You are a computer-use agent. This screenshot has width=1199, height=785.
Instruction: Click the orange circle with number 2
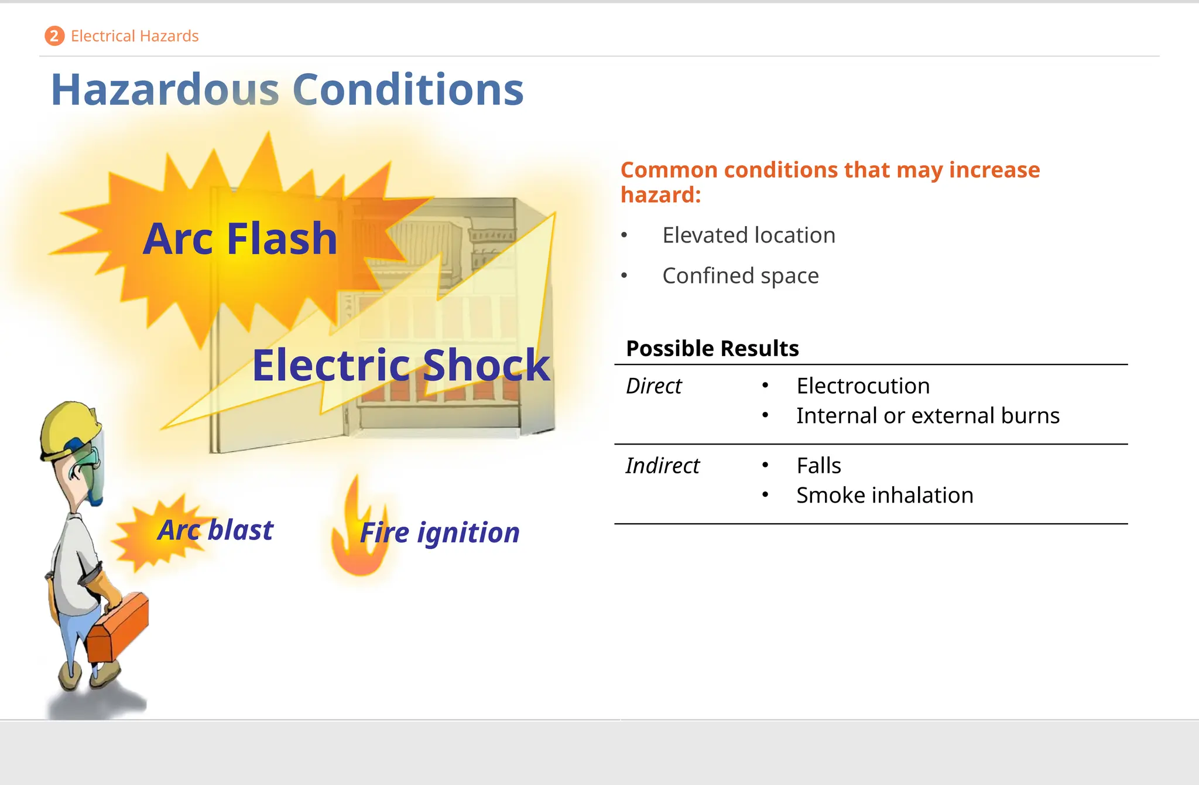54,36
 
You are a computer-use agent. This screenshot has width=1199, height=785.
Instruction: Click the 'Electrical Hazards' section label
135,36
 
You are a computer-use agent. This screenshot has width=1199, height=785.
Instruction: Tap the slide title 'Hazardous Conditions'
287,90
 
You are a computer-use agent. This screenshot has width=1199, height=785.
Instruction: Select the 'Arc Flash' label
240,239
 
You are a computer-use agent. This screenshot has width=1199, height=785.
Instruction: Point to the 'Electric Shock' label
401,365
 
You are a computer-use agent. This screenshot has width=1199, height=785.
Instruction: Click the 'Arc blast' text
215,530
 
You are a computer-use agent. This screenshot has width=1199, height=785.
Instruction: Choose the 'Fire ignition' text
440,533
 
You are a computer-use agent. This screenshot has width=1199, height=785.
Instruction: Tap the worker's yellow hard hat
67,425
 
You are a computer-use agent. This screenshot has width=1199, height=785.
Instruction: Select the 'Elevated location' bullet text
749,235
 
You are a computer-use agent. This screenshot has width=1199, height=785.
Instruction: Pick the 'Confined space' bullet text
741,276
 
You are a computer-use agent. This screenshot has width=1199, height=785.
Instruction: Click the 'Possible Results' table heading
712,349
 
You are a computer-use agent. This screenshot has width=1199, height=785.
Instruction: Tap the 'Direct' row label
653,386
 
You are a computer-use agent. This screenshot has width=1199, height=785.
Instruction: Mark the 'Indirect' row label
662,466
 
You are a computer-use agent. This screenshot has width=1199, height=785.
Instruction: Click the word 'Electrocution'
863,386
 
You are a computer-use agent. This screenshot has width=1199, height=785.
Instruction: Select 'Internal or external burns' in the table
928,416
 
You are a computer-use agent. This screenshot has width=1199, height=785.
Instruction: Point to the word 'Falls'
818,466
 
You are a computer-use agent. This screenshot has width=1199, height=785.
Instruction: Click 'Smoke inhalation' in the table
885,496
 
